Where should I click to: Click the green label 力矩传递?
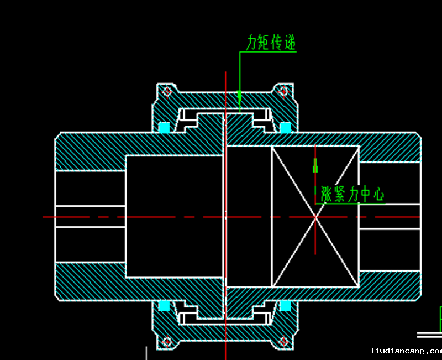pyautogui.click(x=271, y=43)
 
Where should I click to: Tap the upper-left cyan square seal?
pyautogui.click(x=164, y=127)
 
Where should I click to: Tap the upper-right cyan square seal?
pyautogui.click(x=285, y=128)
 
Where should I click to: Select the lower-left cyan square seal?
pyautogui.click(x=164, y=305)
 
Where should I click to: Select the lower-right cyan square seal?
pyautogui.click(x=285, y=305)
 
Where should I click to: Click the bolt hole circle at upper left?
pyautogui.click(x=166, y=92)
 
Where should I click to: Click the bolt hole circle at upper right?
pyautogui.click(x=283, y=91)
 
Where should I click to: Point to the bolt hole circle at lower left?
pyautogui.click(x=166, y=342)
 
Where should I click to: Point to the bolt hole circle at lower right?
pyautogui.click(x=283, y=342)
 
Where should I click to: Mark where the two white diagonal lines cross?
pyautogui.click(x=315, y=217)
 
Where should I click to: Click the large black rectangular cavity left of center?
pyautogui.click(x=175, y=216)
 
